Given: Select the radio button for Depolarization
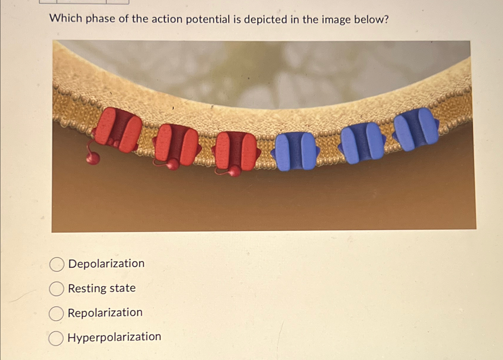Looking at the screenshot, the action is pyautogui.click(x=57, y=265).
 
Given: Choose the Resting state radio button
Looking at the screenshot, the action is pyautogui.click(x=56, y=289).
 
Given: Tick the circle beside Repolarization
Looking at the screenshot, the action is pyautogui.click(x=56, y=313).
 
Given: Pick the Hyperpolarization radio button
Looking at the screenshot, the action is pyautogui.click(x=56, y=338).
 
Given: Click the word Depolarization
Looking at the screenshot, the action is pyautogui.click(x=107, y=264).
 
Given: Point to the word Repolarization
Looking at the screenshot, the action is pyautogui.click(x=105, y=313).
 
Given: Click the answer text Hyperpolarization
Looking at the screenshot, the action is pyautogui.click(x=114, y=337).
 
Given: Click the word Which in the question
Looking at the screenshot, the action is pyautogui.click(x=66, y=18).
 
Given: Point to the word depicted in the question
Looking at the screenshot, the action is pyautogui.click(x=266, y=20).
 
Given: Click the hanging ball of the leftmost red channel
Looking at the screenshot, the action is pyautogui.click(x=93, y=158).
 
